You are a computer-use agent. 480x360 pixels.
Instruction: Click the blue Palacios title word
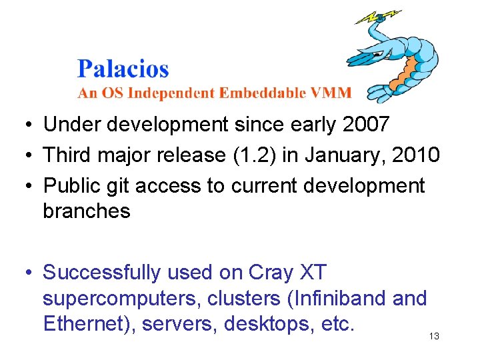click(x=123, y=69)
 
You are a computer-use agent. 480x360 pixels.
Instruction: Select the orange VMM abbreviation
click(x=330, y=93)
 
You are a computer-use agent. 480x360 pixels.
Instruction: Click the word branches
click(x=87, y=211)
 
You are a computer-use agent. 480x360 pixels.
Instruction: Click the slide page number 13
click(x=434, y=337)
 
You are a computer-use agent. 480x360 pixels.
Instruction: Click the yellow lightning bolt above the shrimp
click(x=377, y=16)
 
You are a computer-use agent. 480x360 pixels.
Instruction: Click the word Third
click(x=68, y=155)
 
